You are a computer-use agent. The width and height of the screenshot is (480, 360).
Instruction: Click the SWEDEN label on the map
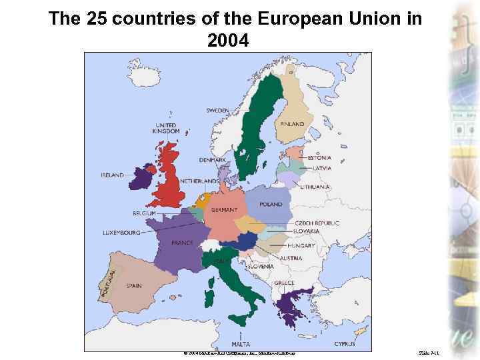(217, 111)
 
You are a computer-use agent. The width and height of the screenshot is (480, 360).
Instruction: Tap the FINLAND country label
(292, 124)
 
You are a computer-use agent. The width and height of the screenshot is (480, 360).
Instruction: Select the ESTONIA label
(319, 158)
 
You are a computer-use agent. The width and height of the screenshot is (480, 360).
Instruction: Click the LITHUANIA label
(315, 187)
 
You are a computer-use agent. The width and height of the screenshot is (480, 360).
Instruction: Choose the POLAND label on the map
(271, 204)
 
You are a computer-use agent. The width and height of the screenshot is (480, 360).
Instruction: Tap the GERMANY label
(224, 210)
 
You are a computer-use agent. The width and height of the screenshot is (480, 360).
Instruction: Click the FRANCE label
(182, 243)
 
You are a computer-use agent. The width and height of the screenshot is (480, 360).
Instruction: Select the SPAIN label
(133, 286)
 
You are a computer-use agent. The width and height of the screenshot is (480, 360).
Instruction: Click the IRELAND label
(112, 175)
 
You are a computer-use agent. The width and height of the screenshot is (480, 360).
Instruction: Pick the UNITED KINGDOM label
(166, 128)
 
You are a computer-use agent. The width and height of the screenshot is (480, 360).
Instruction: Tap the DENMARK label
(212, 160)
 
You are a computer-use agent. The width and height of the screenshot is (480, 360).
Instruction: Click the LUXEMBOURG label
(121, 233)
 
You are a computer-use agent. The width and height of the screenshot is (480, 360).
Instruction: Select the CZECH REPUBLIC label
(317, 223)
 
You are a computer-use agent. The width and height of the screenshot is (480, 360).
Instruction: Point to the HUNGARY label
(301, 246)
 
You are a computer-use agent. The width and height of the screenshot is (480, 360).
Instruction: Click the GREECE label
(284, 283)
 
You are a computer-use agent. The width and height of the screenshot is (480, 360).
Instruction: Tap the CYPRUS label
(345, 344)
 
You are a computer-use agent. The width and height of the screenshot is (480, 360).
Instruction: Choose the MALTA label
(241, 344)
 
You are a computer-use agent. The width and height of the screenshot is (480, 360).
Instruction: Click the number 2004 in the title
(228, 41)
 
